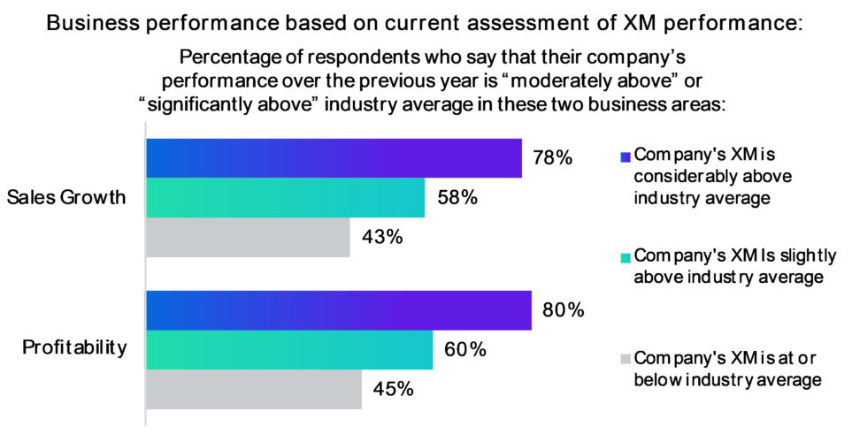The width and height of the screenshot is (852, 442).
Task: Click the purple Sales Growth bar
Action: pyautogui.click(x=333, y=158)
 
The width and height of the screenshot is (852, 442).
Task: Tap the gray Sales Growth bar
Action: pyautogui.click(x=248, y=237)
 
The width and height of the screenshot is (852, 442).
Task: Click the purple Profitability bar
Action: pyautogui.click(x=338, y=310)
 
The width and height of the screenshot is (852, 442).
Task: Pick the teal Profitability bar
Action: pyautogui.click(x=288, y=350)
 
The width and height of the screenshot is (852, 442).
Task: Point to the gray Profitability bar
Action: pyautogui.click(x=254, y=389)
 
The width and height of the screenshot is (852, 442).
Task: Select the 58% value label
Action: pyautogui.click(x=457, y=198)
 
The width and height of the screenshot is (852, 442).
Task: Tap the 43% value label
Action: pyautogui.click(x=382, y=237)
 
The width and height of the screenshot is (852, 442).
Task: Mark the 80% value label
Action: pyautogui.click(x=564, y=310)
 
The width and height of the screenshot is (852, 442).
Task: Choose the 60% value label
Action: pyautogui.click(x=465, y=350)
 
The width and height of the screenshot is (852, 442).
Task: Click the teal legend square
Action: pyautogui.click(x=626, y=257)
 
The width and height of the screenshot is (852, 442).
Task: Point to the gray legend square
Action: pyautogui.click(x=626, y=359)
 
